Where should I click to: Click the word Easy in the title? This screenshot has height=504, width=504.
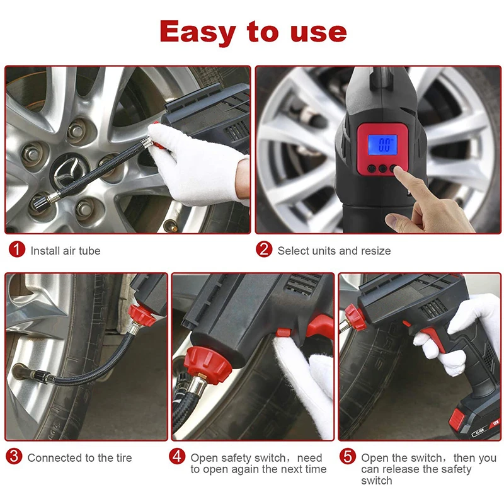[197, 32]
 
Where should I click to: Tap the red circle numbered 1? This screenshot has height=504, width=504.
[17, 249]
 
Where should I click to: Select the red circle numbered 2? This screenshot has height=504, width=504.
[264, 249]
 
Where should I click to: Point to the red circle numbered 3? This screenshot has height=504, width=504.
[14, 456]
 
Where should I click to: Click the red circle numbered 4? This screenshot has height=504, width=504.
[177, 456]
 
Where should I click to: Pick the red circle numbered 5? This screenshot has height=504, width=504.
[348, 456]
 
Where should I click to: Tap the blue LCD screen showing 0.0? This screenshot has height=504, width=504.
[382, 145]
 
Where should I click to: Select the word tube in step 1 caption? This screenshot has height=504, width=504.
[89, 251]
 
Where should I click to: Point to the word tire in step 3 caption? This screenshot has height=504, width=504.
[123, 458]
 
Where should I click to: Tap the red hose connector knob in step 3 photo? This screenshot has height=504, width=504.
[141, 314]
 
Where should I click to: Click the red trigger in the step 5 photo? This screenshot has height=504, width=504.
[432, 338]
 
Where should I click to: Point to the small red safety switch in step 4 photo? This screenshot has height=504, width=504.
[283, 332]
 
